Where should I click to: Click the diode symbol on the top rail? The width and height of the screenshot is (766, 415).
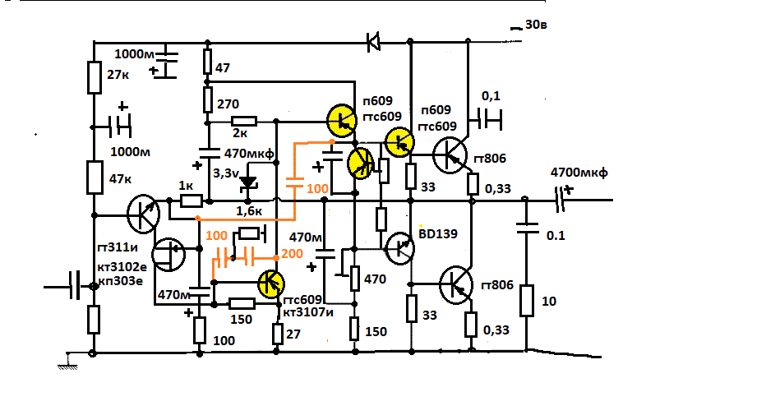[x=374, y=39]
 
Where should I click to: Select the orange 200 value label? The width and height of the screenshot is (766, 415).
[x=293, y=253]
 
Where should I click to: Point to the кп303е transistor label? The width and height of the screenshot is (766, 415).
[x=121, y=280]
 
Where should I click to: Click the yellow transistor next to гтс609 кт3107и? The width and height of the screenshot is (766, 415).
[x=270, y=284]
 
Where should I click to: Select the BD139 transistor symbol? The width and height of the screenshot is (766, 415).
[x=401, y=247]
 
